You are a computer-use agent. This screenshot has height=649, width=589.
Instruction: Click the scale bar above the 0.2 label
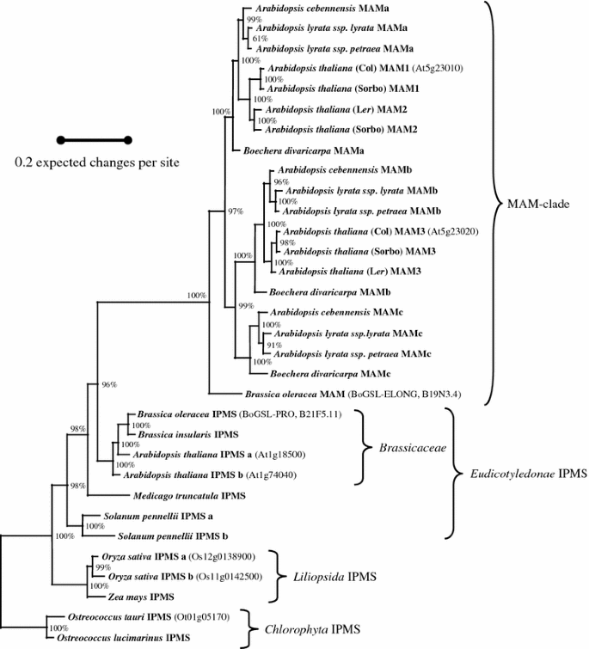pyautogui.click(x=94, y=139)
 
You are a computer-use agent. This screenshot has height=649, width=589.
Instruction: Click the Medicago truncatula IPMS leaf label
pyautogui.click(x=189, y=496)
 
